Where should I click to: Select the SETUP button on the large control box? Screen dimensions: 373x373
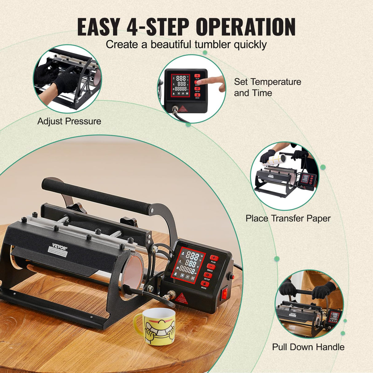click(208, 275)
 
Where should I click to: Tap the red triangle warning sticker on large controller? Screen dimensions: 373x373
click(181, 297)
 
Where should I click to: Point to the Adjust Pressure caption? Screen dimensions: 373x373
click(69, 121)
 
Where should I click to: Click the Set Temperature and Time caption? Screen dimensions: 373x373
click(267, 87)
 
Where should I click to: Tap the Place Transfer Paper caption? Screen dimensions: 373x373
click(288, 218)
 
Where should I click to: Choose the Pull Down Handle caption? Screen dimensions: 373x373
click(308, 347)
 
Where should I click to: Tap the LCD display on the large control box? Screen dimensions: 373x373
click(188, 264)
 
